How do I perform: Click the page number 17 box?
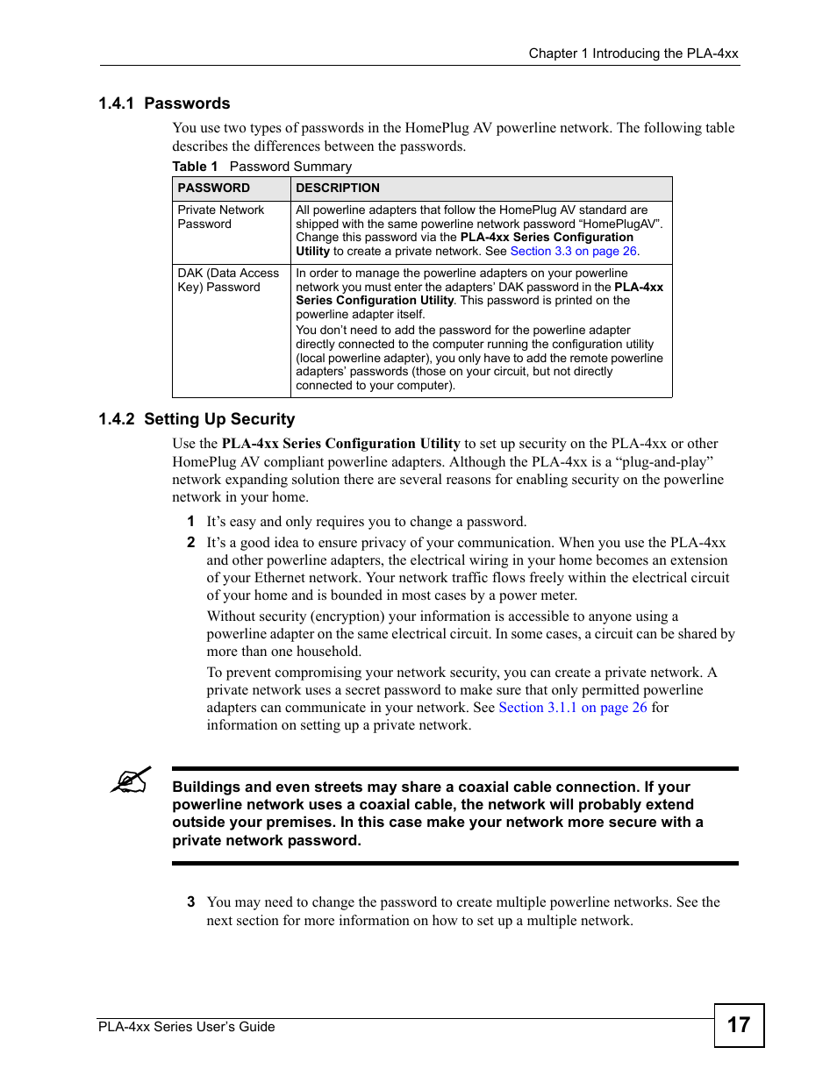(739, 1024)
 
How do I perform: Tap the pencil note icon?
(131, 780)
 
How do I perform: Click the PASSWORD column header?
(213, 189)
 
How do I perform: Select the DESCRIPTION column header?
(338, 189)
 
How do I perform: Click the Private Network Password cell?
(220, 217)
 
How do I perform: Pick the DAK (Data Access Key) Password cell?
(227, 281)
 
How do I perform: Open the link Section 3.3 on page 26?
(573, 252)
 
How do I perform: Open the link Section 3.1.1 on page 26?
(572, 708)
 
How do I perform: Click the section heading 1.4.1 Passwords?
(164, 103)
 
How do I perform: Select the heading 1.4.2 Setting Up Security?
(197, 419)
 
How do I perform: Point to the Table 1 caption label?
(195, 167)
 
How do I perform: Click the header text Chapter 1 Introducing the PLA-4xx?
(633, 53)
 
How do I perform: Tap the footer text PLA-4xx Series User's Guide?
(187, 1027)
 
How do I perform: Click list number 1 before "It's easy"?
(190, 522)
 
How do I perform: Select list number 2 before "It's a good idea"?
(190, 543)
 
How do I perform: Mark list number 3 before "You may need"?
(190, 902)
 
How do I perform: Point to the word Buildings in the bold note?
(206, 787)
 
